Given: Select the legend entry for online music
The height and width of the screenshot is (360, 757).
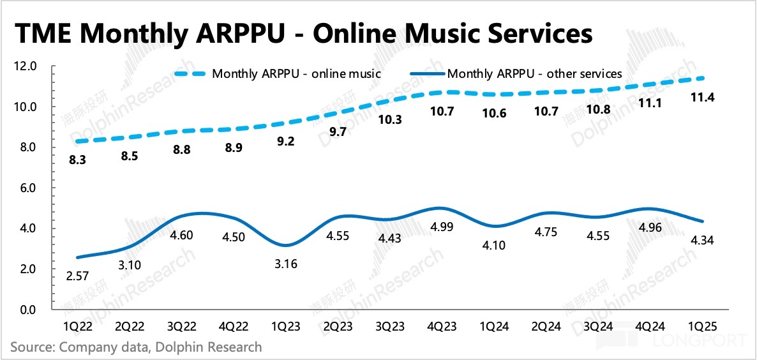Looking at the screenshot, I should point(296,73).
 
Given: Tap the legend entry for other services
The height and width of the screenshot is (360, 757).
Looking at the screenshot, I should point(535,73).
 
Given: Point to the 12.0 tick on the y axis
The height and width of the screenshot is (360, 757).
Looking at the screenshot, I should point(29,66).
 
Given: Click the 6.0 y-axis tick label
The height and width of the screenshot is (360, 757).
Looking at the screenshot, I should point(29,188).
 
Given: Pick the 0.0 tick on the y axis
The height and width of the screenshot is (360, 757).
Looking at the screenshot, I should point(29,310).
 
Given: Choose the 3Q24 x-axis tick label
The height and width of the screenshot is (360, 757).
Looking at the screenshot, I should point(599,326).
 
